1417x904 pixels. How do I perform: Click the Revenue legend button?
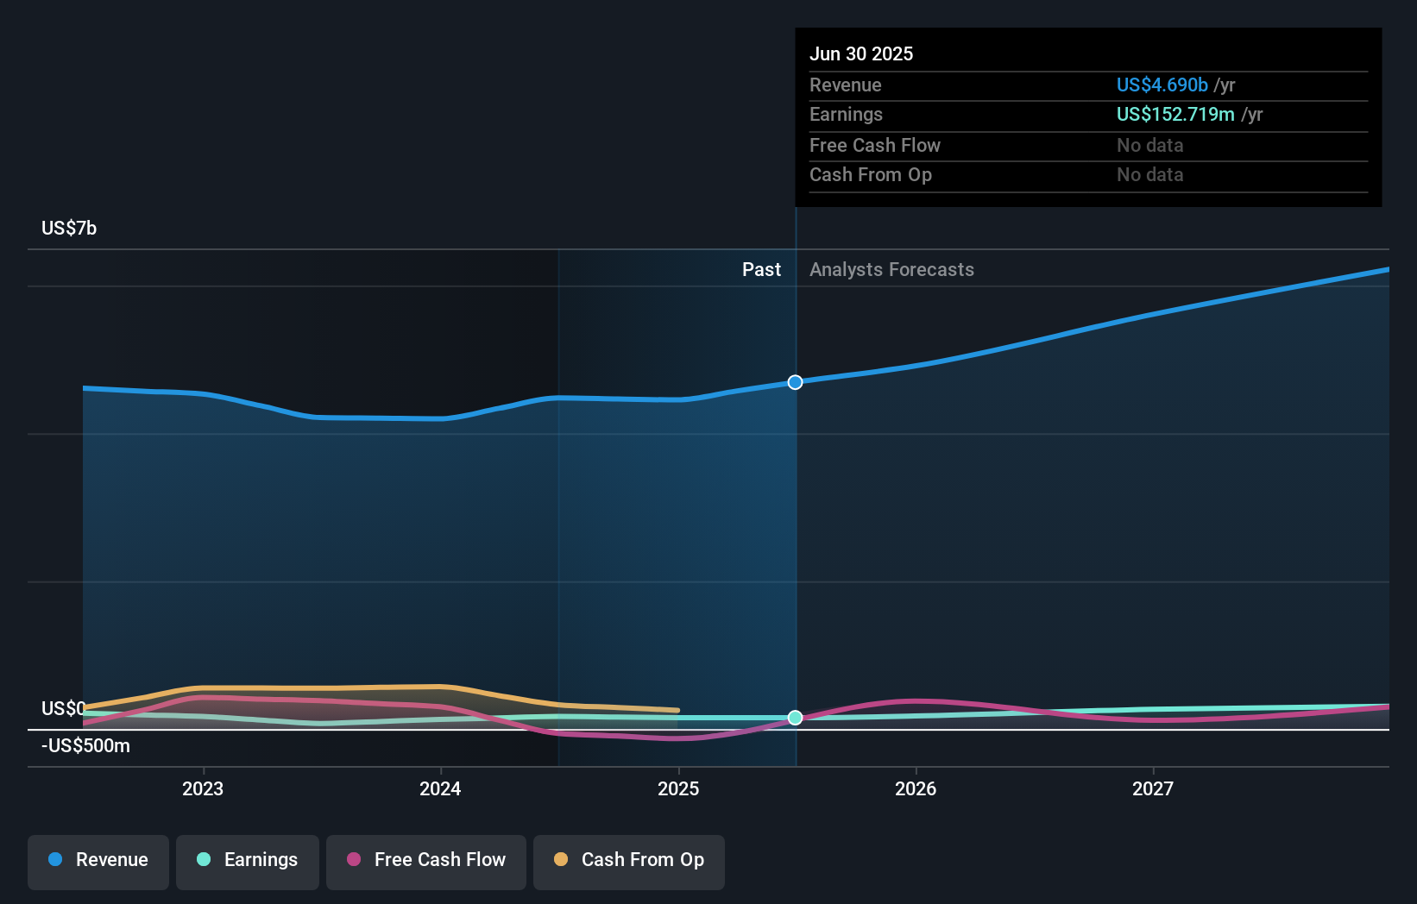tap(98, 860)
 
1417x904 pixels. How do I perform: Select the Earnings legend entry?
tap(248, 860)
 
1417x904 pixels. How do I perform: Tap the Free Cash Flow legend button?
tap(426, 860)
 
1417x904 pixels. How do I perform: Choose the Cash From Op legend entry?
tap(629, 860)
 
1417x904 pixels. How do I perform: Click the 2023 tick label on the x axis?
tap(203, 788)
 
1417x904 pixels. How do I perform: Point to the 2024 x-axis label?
tap(440, 788)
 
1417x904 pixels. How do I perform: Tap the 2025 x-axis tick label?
tap(678, 788)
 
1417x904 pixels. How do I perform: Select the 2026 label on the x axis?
tap(916, 788)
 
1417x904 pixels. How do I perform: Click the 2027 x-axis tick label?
tap(1153, 788)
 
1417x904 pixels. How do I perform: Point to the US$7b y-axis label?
tap(69, 228)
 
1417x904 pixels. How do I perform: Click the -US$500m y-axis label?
tap(85, 745)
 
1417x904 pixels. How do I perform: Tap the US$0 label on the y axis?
tap(63, 708)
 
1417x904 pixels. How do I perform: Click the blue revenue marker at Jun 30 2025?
tap(795, 382)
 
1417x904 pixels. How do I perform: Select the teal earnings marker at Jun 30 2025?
tap(795, 718)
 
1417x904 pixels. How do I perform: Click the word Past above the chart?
tap(761, 269)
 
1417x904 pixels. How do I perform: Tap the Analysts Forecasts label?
tap(891, 269)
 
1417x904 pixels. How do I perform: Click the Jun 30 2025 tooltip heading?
tap(860, 53)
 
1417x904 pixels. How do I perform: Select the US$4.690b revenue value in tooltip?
tap(1162, 85)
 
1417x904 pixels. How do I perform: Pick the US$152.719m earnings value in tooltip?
tap(1175, 114)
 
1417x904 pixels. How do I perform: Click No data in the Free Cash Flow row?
tap(1149, 145)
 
